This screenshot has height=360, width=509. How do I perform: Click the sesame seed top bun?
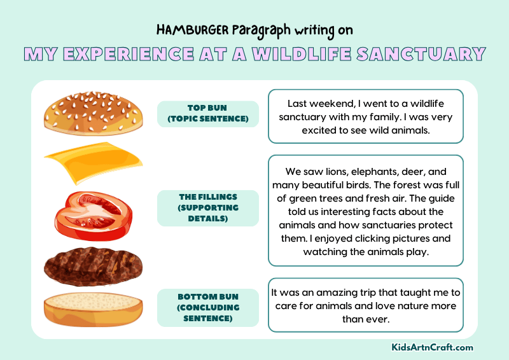93,113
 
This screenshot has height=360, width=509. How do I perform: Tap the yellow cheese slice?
93,163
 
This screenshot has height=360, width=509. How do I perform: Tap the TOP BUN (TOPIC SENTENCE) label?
207,113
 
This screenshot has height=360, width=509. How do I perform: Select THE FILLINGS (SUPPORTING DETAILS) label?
207,208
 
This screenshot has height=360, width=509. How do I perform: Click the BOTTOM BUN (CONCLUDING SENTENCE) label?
207,307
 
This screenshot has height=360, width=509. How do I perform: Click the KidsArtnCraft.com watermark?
432,347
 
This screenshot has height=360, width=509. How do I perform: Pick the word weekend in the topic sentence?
331,103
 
